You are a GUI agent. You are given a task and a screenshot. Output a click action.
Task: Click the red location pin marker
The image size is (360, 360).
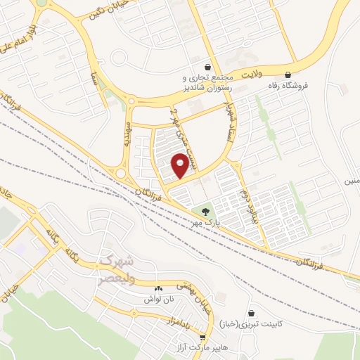181,165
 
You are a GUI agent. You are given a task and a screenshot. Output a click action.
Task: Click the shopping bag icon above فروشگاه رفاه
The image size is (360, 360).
288,75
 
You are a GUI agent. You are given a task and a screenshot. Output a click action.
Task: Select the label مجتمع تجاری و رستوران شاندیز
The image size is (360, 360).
206,83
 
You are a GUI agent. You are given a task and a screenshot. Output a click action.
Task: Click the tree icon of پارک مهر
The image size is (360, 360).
205,210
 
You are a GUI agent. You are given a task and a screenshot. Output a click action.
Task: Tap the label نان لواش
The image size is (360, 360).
157,300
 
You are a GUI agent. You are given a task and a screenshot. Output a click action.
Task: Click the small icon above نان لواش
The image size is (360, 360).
157,288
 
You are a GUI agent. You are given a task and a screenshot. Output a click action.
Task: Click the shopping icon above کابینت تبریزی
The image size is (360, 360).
252,313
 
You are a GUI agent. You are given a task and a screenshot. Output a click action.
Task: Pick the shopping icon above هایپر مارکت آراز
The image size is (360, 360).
202,337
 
